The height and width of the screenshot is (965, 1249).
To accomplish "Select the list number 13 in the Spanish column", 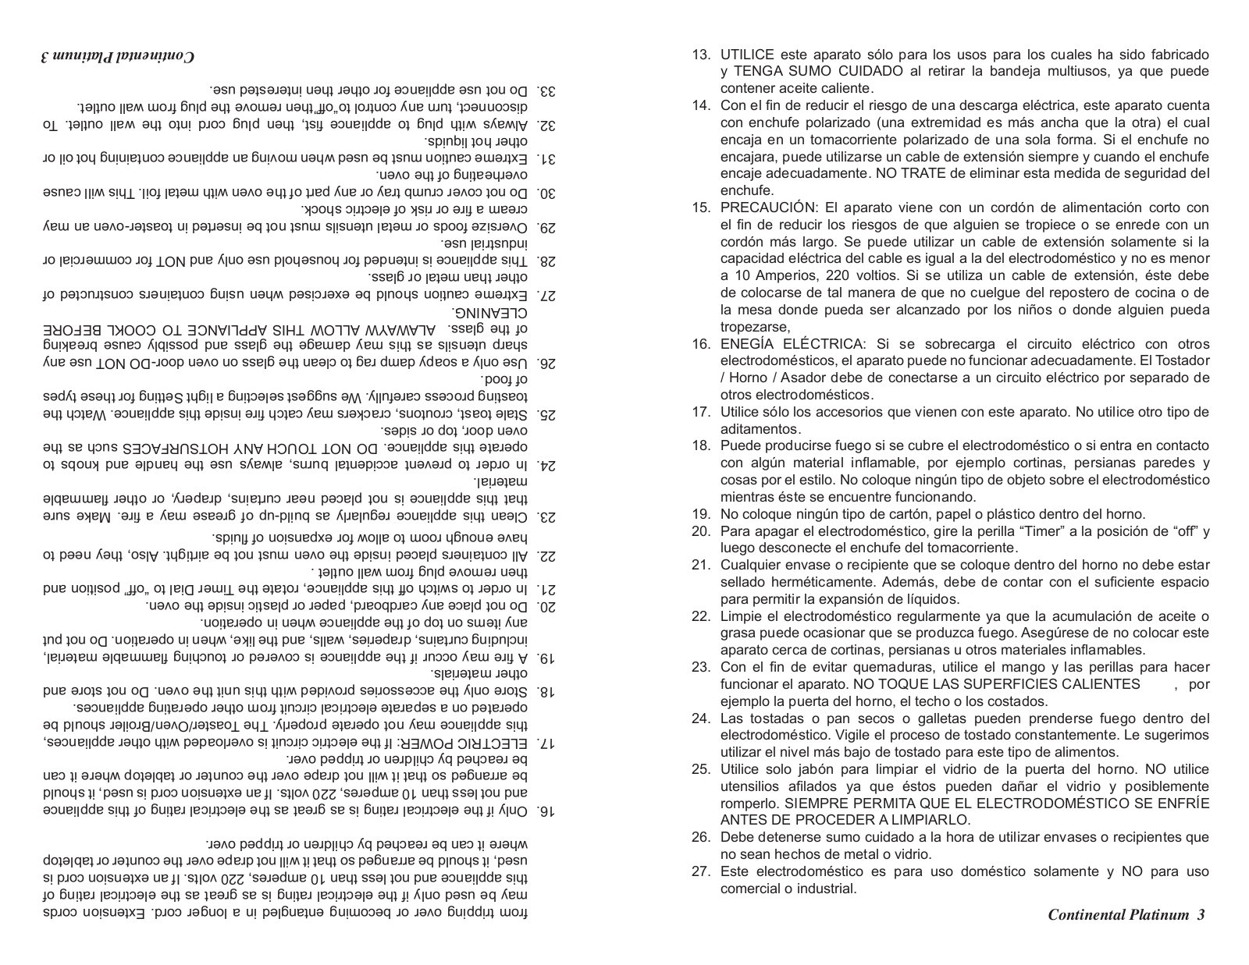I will coord(700,55).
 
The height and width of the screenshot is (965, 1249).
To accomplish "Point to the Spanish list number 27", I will coord(700,871).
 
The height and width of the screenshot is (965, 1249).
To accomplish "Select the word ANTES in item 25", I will coord(741,820).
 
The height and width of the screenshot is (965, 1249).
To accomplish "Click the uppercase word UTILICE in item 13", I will coord(747,55).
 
